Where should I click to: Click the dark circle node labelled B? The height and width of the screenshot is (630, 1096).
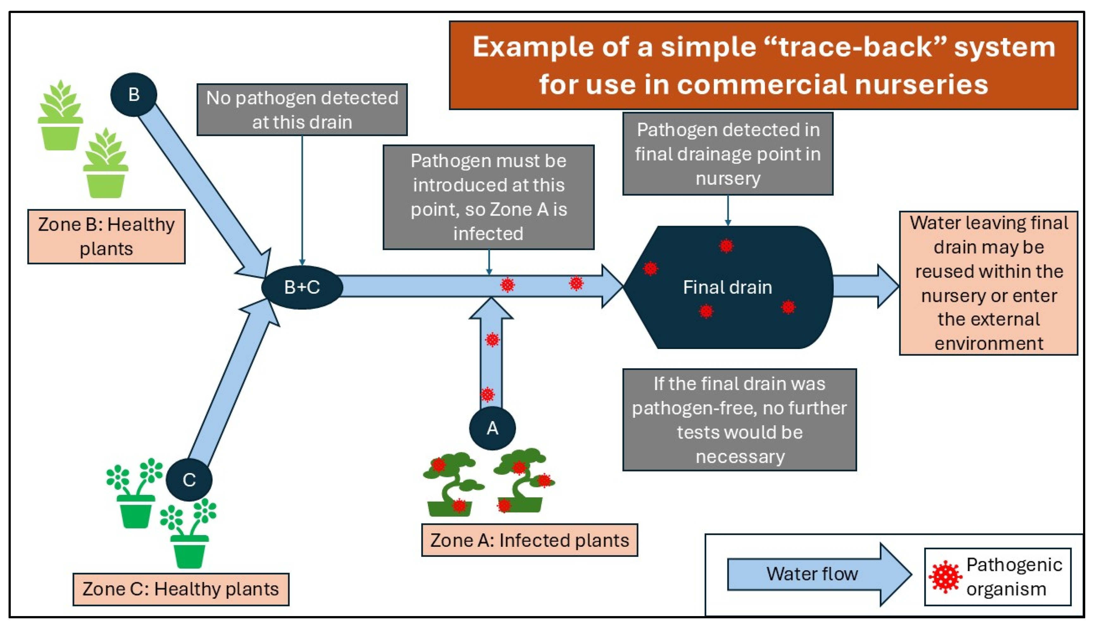133,94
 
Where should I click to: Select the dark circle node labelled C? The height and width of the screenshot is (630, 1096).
189,479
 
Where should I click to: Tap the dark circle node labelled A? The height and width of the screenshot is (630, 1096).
492,428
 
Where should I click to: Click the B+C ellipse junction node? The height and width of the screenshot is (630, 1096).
302,287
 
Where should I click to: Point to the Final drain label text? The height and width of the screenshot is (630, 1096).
727,287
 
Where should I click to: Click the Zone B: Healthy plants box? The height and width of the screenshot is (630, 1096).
106,237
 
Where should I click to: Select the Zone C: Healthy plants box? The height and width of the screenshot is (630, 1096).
181,589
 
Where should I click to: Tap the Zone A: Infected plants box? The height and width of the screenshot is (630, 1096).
529,540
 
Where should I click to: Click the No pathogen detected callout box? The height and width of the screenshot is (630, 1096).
302,110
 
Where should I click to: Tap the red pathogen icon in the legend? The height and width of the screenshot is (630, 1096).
945,577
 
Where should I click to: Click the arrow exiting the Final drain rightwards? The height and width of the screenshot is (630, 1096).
865,286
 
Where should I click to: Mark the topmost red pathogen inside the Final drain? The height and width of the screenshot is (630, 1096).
726,246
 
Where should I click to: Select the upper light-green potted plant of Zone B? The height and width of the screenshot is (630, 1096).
60,116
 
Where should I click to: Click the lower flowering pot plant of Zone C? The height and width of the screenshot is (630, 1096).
189,534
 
